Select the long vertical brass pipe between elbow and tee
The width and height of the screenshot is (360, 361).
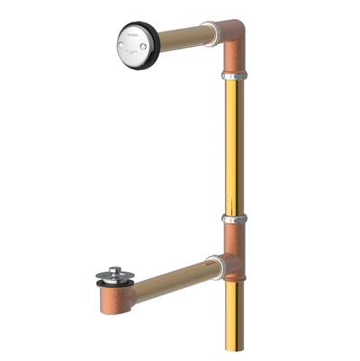pos(230,149)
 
